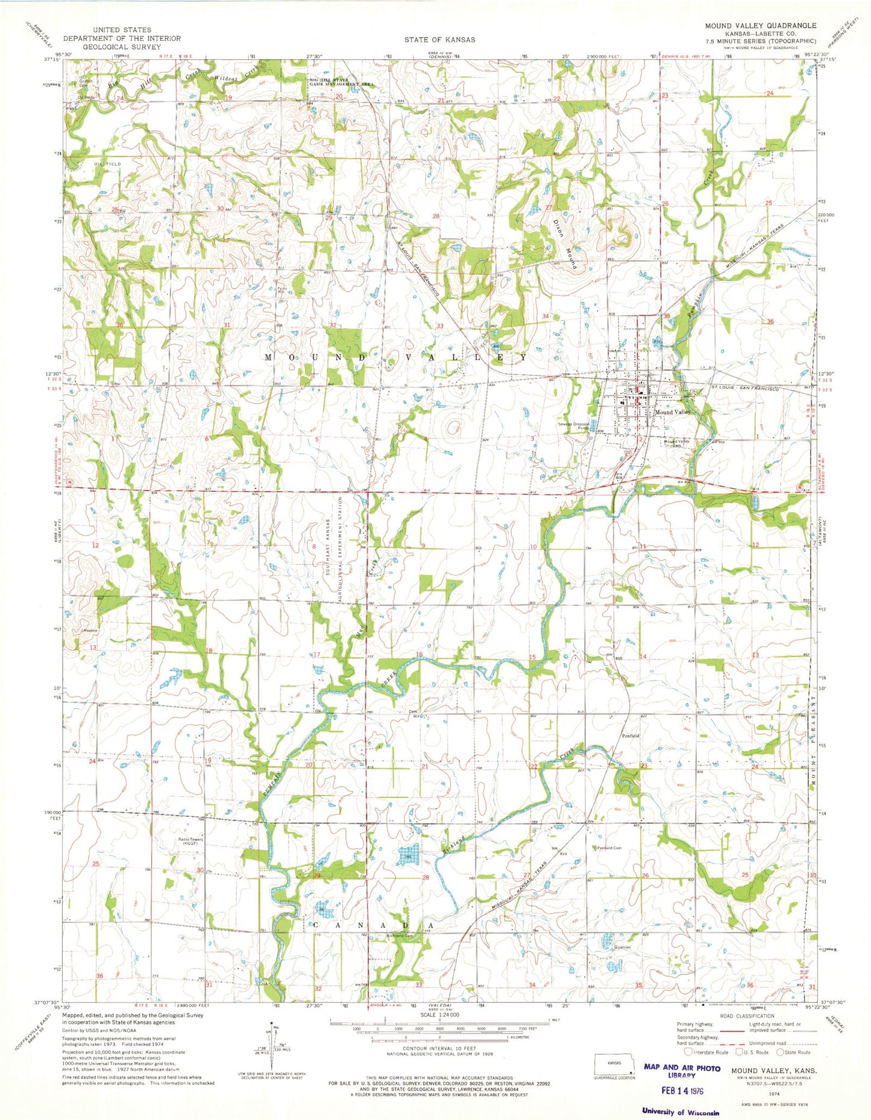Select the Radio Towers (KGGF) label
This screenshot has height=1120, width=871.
[x=187, y=842]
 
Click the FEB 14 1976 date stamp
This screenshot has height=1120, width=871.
[x=682, y=1091]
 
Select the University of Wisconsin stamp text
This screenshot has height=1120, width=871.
[x=680, y=1112]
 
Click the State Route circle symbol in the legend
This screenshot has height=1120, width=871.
[x=780, y=1052]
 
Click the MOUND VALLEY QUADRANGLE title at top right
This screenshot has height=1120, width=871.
[x=761, y=26]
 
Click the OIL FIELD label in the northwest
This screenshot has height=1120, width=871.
[x=108, y=164]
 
